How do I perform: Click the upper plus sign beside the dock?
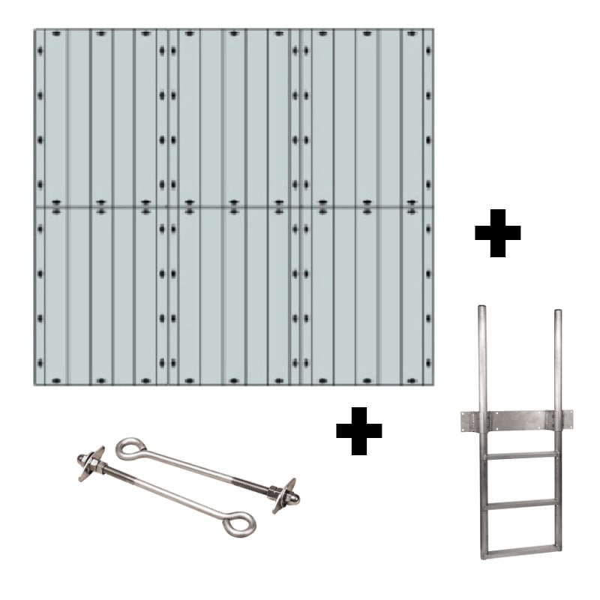point(497,233)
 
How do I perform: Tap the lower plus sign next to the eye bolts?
point(358,431)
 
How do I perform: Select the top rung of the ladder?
point(520,454)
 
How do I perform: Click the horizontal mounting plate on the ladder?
point(520,420)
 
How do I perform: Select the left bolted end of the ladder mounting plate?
point(465,421)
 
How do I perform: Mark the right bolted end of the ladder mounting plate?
point(567,420)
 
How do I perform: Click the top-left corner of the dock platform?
point(36,31)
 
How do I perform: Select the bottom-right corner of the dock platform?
point(432,384)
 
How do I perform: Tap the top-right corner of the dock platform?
point(432,31)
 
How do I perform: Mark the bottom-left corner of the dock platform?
point(36,384)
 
